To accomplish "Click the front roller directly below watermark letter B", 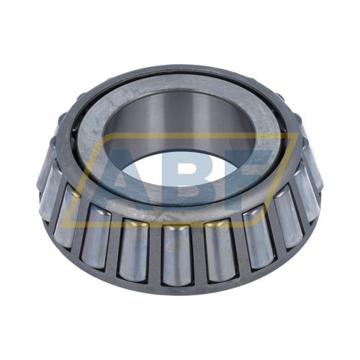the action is (x=176, y=256).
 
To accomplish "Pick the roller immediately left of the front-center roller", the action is (x=133, y=250).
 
